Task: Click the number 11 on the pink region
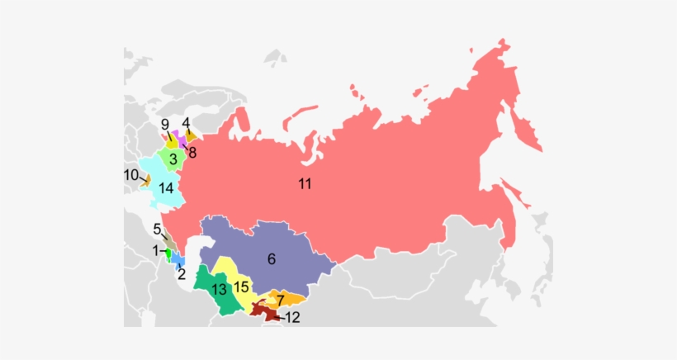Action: [x=305, y=184]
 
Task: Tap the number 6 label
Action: [x=271, y=258]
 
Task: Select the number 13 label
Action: [x=219, y=289]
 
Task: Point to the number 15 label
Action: [x=241, y=288]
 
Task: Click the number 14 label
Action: [x=166, y=188]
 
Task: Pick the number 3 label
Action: [x=173, y=158]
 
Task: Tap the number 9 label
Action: [x=165, y=125]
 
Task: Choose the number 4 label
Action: [x=187, y=123]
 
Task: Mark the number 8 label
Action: [x=192, y=152]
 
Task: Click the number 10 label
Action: [x=130, y=175]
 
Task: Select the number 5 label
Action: [x=156, y=230]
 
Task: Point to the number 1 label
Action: [x=154, y=249]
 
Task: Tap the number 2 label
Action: [x=182, y=275]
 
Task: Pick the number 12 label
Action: [x=292, y=317]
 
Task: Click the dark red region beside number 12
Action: [x=263, y=311]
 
